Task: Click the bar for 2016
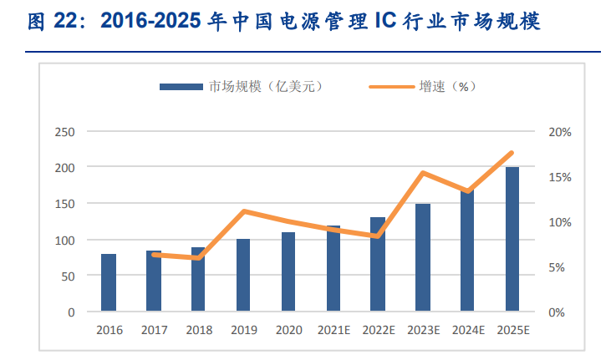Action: pos(109,282)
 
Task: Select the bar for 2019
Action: pos(243,275)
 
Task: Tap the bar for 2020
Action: pos(288,271)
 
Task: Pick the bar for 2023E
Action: pos(423,257)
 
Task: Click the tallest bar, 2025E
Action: pos(512,239)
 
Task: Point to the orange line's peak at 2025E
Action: pos(512,153)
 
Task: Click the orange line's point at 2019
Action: pos(243,211)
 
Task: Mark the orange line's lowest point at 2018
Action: pos(199,258)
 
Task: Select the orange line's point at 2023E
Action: pos(423,173)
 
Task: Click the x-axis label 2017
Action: pos(154,330)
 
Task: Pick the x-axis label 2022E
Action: pos(378,330)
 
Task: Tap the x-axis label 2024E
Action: pos(467,330)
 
